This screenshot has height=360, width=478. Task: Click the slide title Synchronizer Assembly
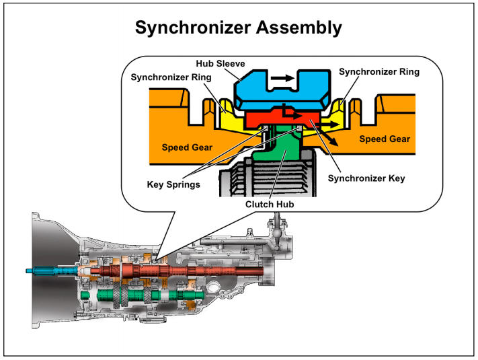point(238,28)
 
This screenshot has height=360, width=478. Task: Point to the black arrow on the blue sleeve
point(283,78)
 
